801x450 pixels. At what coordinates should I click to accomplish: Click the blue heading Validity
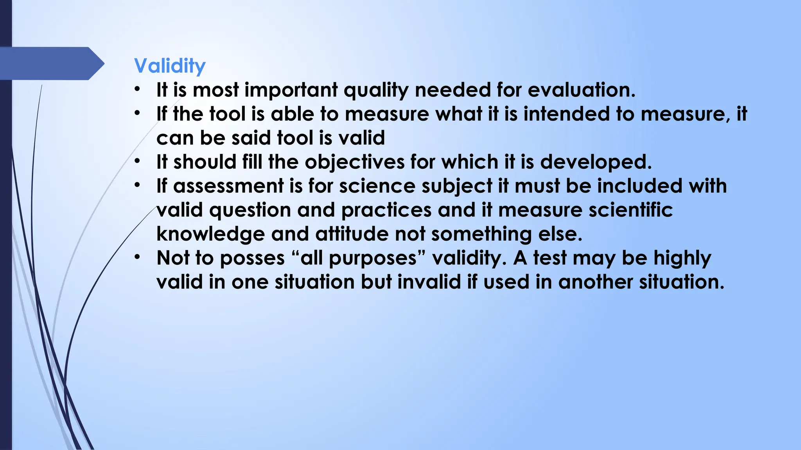tap(169, 66)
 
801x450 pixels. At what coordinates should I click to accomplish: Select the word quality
tap(376, 91)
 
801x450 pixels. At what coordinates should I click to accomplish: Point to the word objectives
tap(354, 162)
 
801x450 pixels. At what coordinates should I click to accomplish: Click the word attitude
tap(352, 234)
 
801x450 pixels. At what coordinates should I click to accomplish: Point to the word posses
tap(252, 259)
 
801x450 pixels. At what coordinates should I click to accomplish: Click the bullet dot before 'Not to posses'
tap(137, 258)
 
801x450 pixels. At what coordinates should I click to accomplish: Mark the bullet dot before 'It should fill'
tap(137, 161)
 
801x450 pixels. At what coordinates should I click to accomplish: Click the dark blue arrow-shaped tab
tap(51, 63)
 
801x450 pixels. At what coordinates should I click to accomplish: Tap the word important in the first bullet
tap(291, 91)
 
